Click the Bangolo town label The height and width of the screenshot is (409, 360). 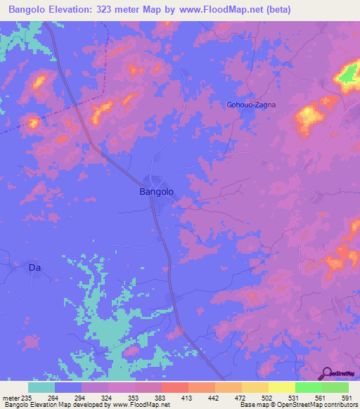[x=157, y=190]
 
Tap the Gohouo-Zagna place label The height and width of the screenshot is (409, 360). [x=250, y=105]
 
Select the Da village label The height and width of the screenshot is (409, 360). [x=34, y=268]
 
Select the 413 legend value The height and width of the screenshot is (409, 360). [x=187, y=398]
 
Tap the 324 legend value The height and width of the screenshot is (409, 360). [x=108, y=398]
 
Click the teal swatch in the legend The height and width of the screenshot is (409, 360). [x=41, y=387]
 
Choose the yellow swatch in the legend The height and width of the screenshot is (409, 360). [x=281, y=387]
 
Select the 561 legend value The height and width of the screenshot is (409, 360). [x=320, y=398]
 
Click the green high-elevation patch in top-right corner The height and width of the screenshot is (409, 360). [x=347, y=76]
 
